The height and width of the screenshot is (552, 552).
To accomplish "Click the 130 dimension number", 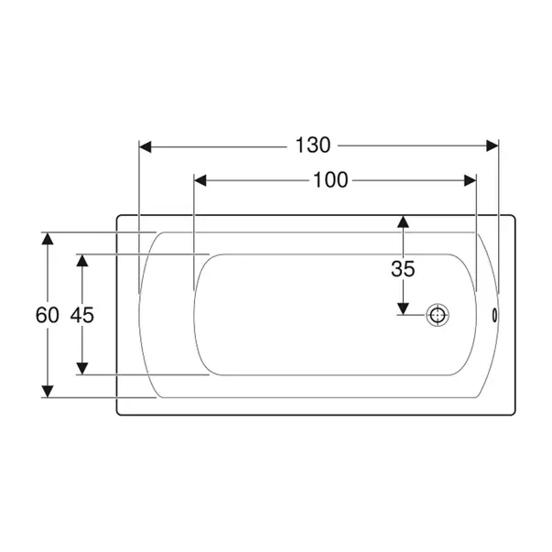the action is pos(313,145).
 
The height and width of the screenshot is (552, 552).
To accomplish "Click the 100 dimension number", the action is pos(330,180).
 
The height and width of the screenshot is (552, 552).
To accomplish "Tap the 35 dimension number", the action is pos(403,269).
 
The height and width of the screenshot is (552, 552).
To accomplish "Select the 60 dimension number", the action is pos(48,315).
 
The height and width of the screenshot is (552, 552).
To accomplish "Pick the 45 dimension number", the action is pos(82,315).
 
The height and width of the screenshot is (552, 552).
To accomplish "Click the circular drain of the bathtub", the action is pos(438,315).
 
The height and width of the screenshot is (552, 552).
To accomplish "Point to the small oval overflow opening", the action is pos(494,315).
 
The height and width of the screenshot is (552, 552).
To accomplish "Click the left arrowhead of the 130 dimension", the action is pos(145,146).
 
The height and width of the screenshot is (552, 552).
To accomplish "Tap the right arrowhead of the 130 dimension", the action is pos(492,146).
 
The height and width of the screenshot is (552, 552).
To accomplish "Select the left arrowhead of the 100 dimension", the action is pos(200,180).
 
